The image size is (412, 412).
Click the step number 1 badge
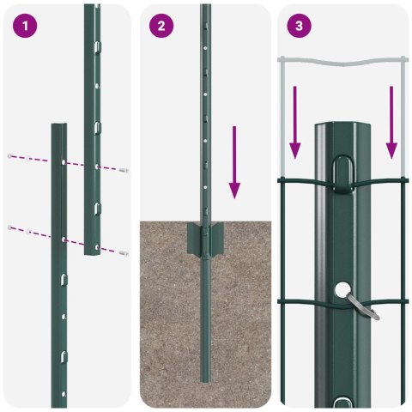[27, 27]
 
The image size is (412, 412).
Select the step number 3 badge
[298, 27]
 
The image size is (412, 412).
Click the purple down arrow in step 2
[234, 163]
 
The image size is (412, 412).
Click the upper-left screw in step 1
[10, 156]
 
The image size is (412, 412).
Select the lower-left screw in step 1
[10, 227]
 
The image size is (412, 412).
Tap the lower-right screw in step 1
[124, 253]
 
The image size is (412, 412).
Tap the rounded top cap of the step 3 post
[342, 129]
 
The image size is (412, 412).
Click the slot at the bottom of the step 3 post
[344, 402]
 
